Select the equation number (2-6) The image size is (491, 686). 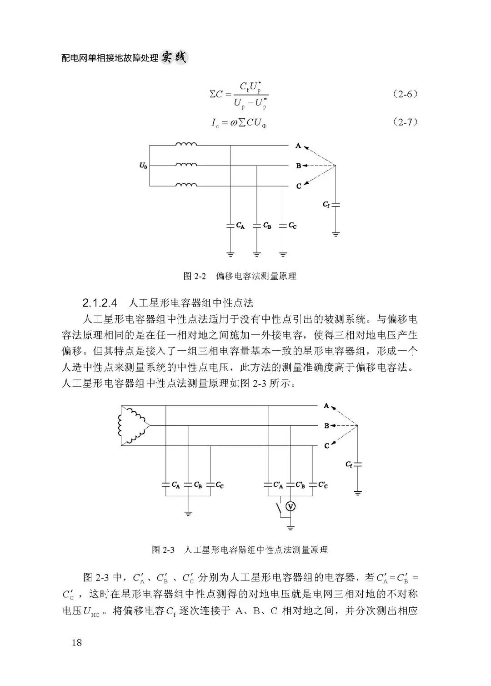click(405, 94)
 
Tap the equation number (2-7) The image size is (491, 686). click(405, 122)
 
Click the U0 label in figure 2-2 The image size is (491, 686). click(143, 166)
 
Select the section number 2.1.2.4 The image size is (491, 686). click(100, 302)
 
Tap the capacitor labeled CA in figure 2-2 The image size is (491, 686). click(231, 225)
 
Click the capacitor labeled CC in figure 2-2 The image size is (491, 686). click(283, 225)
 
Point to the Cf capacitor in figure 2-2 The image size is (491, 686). click(336, 205)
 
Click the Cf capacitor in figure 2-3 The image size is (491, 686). click(358, 464)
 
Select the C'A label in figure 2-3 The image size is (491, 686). click(278, 485)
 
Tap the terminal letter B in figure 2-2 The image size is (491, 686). click(298, 166)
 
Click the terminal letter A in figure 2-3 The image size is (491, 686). click(326, 406)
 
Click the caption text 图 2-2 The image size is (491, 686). click(195, 276)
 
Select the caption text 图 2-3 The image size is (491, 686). click(163, 550)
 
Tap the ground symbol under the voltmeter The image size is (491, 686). click(291, 527)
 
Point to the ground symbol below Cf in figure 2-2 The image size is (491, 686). click(336, 234)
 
